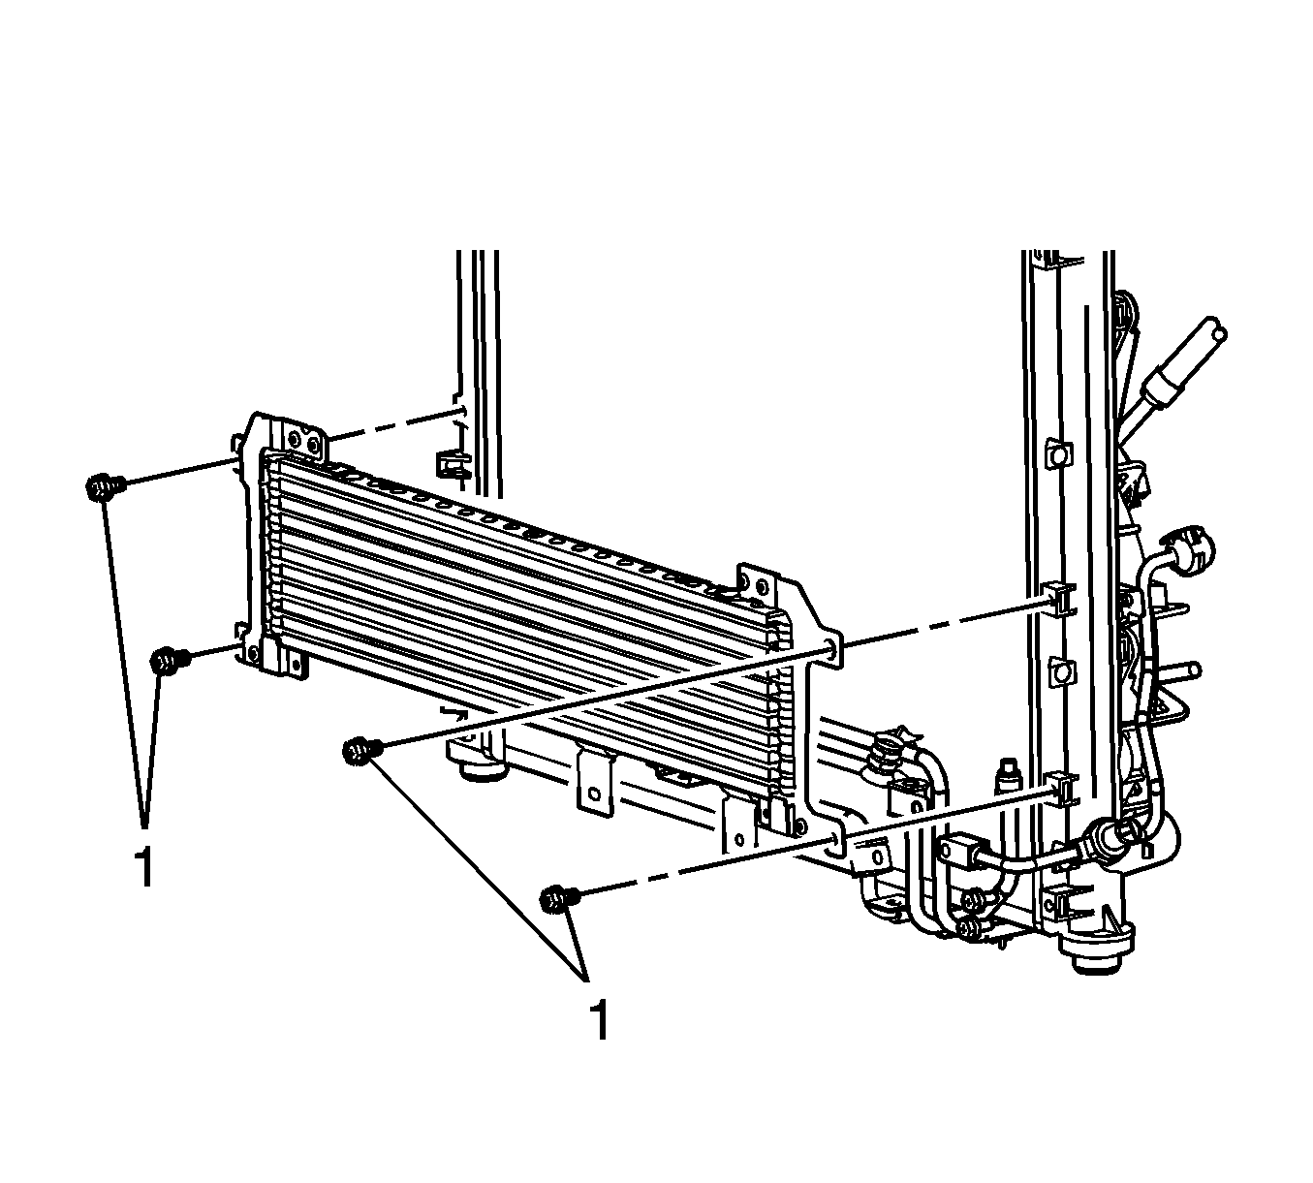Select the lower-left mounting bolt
pyautogui.click(x=169, y=660)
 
